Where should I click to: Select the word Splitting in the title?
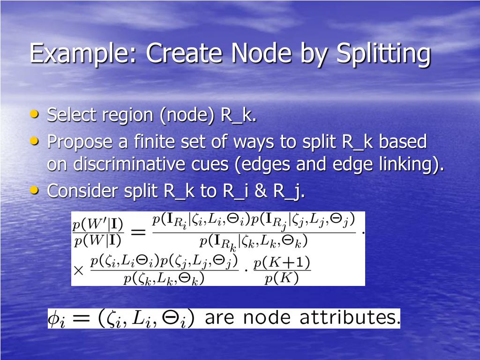pyautogui.click(x=383, y=53)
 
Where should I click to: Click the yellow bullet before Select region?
pyautogui.click(x=35, y=114)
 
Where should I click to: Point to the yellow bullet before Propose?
pyautogui.click(x=35, y=140)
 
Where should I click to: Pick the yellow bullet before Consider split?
pyautogui.click(x=35, y=190)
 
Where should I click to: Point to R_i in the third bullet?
pyautogui.click(x=235, y=191)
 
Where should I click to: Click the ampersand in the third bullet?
pyautogui.click(x=261, y=191)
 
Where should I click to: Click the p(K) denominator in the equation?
pyautogui.click(x=281, y=279)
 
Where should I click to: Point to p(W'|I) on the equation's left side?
pyautogui.click(x=97, y=224)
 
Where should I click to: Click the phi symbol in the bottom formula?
pyautogui.click(x=56, y=319)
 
